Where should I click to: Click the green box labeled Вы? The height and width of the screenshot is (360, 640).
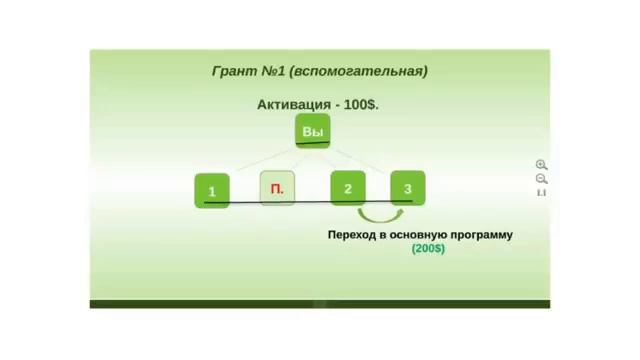coord(312,133)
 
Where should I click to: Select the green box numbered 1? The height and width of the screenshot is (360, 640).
coord(211,189)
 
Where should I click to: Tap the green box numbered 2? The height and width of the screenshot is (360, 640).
coord(347,188)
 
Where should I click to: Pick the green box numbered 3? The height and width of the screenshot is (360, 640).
coord(407,188)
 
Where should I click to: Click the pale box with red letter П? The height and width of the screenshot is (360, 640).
coord(277,188)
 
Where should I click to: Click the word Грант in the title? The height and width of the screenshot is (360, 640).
coord(235,72)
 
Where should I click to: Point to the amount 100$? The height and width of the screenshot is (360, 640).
coord(361,104)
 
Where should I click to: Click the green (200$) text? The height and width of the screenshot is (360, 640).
coord(428,248)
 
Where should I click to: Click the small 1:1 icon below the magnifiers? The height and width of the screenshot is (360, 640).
coord(541,192)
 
